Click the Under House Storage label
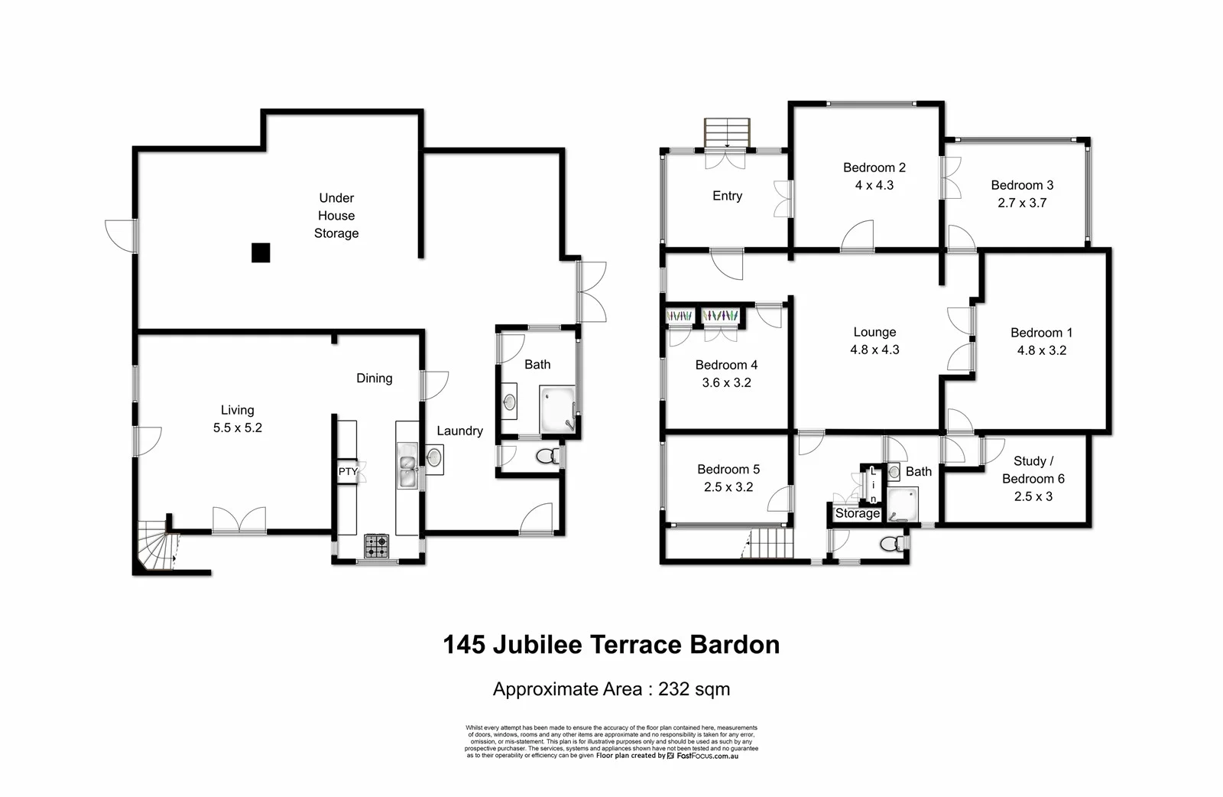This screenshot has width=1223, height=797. tap(336, 216)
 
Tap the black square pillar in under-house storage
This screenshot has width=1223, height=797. tap(261, 252)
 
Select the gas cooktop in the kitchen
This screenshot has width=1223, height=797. tap(376, 545)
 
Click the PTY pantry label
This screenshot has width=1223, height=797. tap(348, 471)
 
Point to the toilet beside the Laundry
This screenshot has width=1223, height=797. tap(546, 457)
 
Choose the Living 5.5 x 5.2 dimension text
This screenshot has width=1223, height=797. tap(238, 428)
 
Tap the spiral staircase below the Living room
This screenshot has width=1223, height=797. tap(156, 546)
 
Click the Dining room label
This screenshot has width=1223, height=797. tap(374, 378)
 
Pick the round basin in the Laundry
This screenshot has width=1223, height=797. tap(433, 458)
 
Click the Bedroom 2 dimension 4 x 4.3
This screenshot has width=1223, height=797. tap(874, 185)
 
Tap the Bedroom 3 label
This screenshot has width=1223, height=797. tap(1022, 185)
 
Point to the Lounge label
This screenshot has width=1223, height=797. tap(874, 332)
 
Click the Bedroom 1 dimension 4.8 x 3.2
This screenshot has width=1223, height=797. tap(1041, 350)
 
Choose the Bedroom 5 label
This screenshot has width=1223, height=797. tap(728, 469)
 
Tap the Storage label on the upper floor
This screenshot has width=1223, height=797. tap(857, 513)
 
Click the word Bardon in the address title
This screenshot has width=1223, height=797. tap(735, 645)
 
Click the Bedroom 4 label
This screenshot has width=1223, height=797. tap(726, 365)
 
